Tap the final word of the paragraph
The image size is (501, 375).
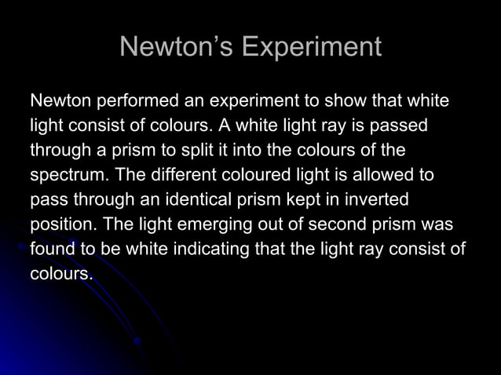point(62,274)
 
